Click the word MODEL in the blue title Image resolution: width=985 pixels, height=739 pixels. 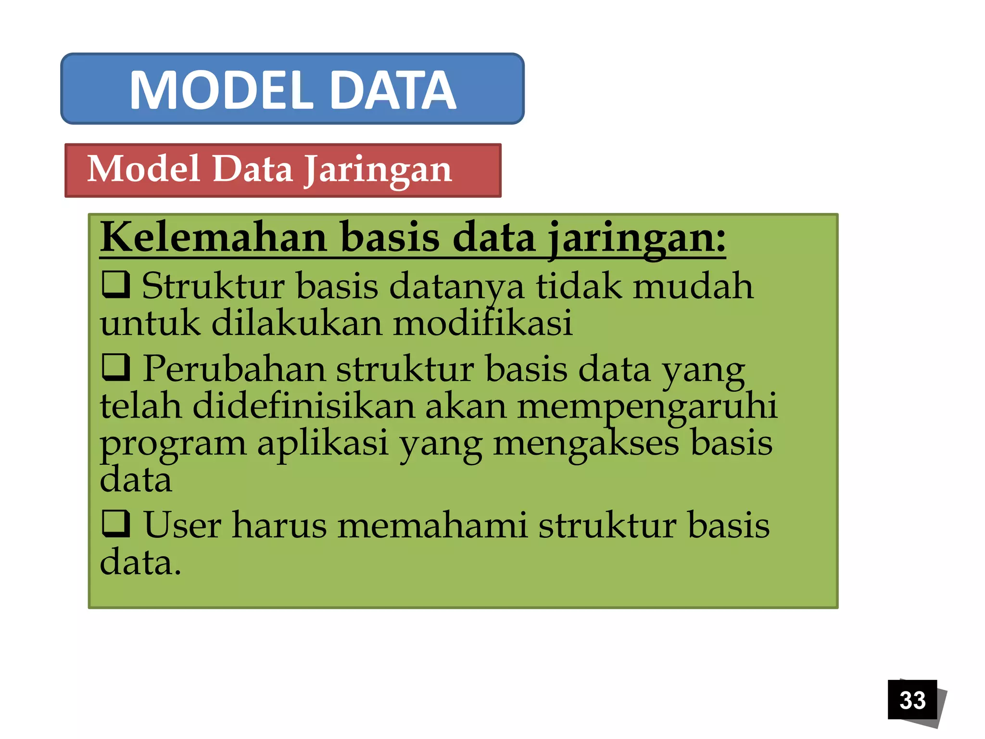pyautogui.click(x=222, y=90)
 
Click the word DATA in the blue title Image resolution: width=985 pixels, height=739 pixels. pyautogui.click(x=393, y=90)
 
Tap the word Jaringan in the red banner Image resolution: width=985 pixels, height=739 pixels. pyautogui.click(x=379, y=169)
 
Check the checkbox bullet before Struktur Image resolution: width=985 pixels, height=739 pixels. pyautogui.click(x=116, y=284)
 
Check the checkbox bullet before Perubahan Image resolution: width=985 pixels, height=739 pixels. pyautogui.click(x=116, y=367)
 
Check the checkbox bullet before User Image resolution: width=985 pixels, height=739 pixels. pyautogui.click(x=116, y=523)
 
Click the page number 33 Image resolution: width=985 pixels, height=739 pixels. pyautogui.click(x=912, y=700)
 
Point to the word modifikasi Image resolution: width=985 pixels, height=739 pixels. pyautogui.click(x=482, y=323)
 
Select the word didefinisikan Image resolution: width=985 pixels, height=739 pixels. pyautogui.click(x=303, y=406)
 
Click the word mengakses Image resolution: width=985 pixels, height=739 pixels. pyautogui.click(x=585, y=443)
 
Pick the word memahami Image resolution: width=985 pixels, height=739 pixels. pyautogui.click(x=432, y=525)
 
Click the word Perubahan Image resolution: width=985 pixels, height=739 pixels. pyautogui.click(x=234, y=369)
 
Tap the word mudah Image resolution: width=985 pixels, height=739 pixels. pyautogui.click(x=693, y=286)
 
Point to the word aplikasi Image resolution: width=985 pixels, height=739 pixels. pyautogui.click(x=322, y=443)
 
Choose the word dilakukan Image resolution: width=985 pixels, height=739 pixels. pyautogui.click(x=296, y=323)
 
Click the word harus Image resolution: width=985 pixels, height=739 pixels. pyautogui.click(x=279, y=525)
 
